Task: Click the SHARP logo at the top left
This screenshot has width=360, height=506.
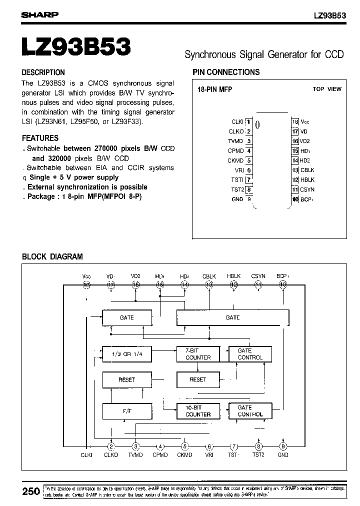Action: coord(39,15)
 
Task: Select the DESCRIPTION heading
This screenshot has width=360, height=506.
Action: coord(43,72)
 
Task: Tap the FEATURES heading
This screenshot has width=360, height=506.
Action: coord(40,138)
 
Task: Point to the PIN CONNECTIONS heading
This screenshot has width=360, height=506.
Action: coord(226,72)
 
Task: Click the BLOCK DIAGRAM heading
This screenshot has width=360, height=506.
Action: coord(52,257)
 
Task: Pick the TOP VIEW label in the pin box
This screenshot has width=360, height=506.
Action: coord(327,89)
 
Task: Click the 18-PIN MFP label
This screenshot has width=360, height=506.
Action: coord(215,89)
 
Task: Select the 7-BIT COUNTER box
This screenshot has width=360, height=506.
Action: coord(198,354)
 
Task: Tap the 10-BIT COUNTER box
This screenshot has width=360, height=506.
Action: coord(198,411)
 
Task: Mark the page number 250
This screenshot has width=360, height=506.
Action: coord(31,491)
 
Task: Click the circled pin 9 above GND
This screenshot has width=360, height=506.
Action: coord(283,446)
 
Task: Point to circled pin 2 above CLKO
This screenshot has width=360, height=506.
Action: coord(111,446)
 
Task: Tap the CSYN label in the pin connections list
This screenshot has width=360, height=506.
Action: coord(307,189)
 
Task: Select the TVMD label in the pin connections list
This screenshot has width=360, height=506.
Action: coord(235,141)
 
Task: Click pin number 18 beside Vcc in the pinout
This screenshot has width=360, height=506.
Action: coord(295,121)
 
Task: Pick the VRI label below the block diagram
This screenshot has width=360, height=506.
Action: coord(209,455)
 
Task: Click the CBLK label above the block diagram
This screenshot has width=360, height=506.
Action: coord(209,276)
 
